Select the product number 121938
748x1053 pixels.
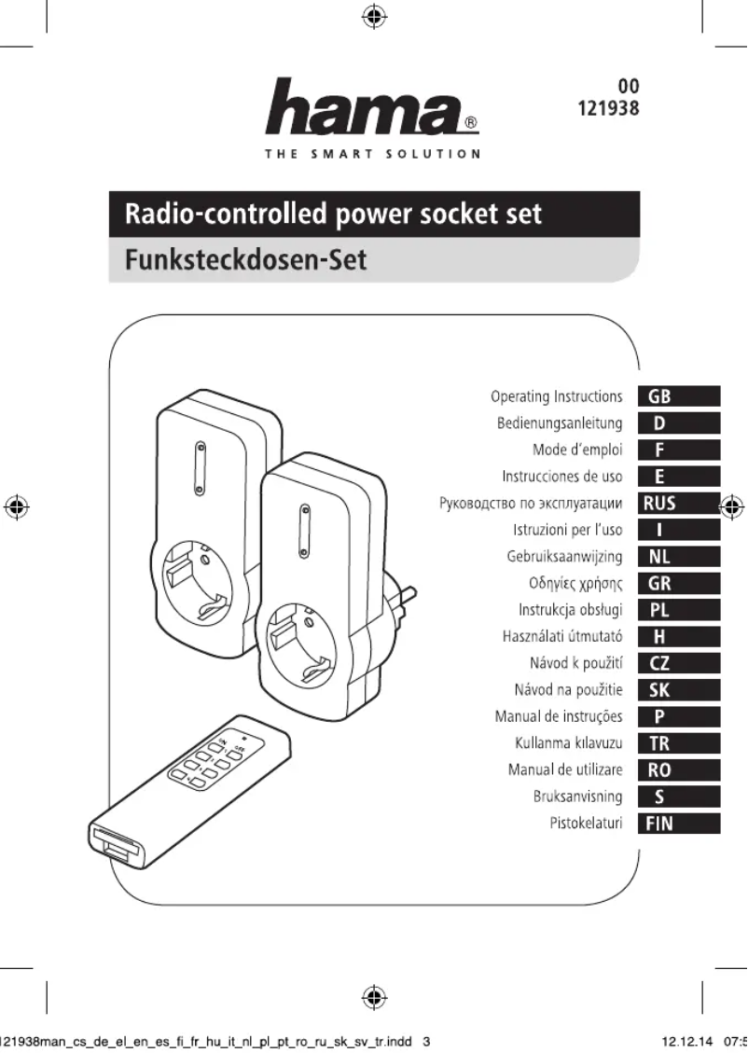coord(610,108)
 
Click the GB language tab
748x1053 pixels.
coord(679,396)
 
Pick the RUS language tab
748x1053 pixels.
coord(679,504)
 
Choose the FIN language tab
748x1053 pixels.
coord(679,824)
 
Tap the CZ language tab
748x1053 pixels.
coord(679,664)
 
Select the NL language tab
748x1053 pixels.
coord(679,557)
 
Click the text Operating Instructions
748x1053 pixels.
coord(556,396)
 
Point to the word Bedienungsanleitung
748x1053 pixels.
coord(560,423)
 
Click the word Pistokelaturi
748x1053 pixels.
coord(586,824)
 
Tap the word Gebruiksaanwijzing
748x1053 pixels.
coord(564,557)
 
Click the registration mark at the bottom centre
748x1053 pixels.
coord(373,998)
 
